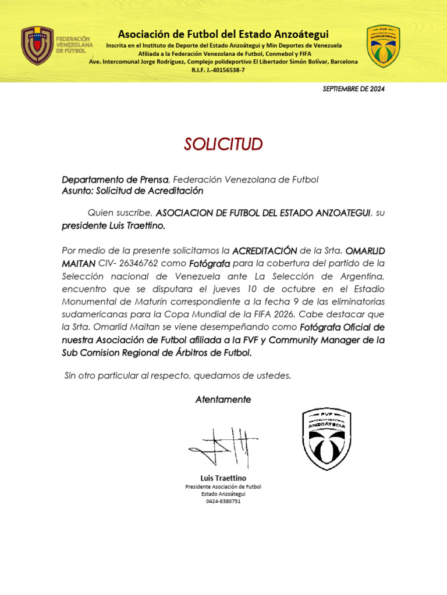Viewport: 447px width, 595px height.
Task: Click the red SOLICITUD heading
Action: pos(223,144)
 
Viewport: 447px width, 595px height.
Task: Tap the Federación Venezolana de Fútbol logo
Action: pos(38,45)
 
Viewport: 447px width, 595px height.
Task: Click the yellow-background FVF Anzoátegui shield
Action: pos(383,46)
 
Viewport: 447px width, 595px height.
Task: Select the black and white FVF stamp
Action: pos(327,439)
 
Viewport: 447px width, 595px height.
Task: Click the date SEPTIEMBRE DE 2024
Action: pos(353,89)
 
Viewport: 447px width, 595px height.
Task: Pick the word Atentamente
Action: pos(223,400)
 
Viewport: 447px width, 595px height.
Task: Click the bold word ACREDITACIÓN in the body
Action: pos(264,251)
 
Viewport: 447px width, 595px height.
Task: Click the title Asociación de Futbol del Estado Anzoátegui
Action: pos(223,34)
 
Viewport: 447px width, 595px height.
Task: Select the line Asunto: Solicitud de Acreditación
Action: pos(133,191)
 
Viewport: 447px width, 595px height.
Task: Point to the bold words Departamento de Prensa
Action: pos(115,180)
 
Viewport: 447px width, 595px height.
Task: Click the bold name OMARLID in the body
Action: pos(365,251)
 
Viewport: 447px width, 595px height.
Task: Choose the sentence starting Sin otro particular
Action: pos(178,376)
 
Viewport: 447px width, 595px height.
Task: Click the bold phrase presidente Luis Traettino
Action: pos(113,226)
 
